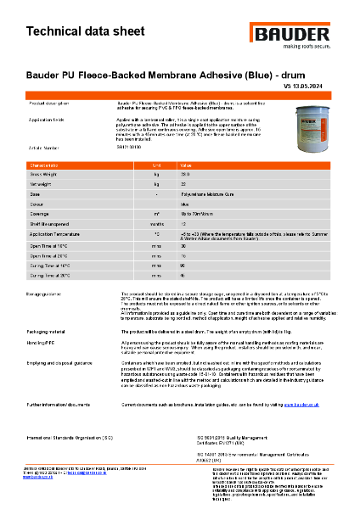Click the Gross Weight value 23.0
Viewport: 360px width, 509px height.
184,174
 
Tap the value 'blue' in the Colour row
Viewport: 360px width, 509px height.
184,203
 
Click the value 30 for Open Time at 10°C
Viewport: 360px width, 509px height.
183,245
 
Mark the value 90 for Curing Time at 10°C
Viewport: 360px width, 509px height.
183,266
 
